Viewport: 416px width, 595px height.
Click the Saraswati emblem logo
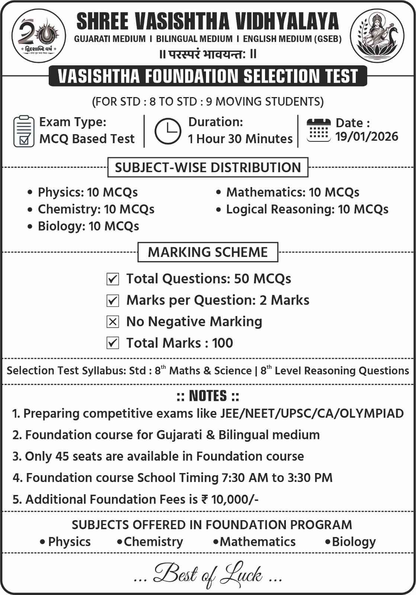coord(377,36)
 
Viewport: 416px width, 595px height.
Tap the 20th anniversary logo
coord(39,36)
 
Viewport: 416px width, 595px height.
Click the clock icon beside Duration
coord(168,131)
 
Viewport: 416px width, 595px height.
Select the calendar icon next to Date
coord(318,130)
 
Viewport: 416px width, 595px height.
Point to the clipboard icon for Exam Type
coord(24,131)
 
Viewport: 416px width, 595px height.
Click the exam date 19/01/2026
coord(367,137)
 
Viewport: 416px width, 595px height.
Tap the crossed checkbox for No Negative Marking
coord(113,322)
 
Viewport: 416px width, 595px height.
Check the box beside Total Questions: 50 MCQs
coord(113,279)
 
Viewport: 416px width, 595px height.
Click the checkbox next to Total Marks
coord(113,343)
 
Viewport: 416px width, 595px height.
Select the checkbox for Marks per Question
coord(113,300)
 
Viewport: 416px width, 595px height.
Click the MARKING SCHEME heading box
coord(208,252)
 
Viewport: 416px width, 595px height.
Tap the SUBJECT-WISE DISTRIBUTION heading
coord(208,167)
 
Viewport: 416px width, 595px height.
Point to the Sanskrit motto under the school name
coord(208,54)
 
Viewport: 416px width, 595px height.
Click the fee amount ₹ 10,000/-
coord(230,499)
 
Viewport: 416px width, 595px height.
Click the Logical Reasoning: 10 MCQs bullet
coord(307,209)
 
